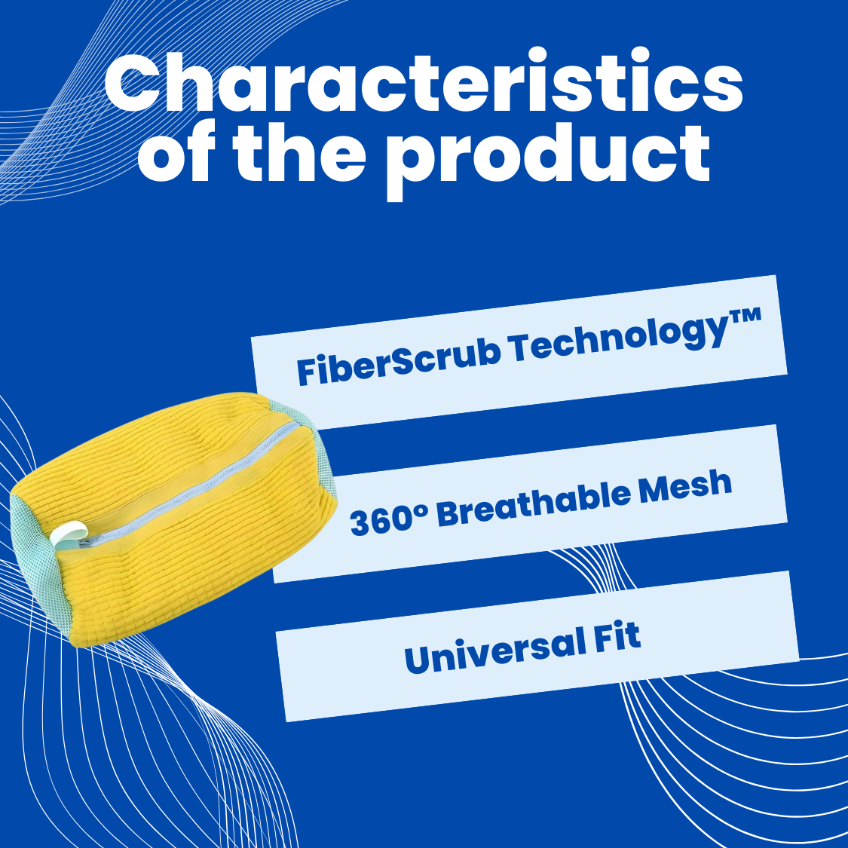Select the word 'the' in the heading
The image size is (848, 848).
coord(299,152)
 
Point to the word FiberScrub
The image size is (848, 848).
coord(399,359)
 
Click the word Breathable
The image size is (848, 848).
coord(534,504)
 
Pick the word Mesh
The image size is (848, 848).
coord(685,485)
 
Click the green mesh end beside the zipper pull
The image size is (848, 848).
coord(38,562)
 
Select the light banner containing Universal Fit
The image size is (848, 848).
coord(537,647)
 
